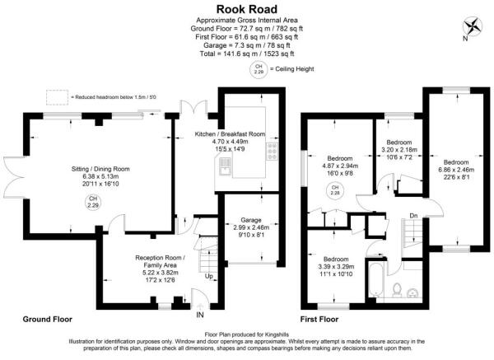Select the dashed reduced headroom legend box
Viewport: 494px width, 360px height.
(x=57, y=98)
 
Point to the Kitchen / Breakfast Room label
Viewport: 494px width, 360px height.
(x=230, y=133)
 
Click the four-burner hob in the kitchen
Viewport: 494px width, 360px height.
(x=271, y=152)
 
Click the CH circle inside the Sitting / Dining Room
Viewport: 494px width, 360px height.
(x=94, y=200)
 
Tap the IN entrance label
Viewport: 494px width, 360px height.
(x=198, y=314)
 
